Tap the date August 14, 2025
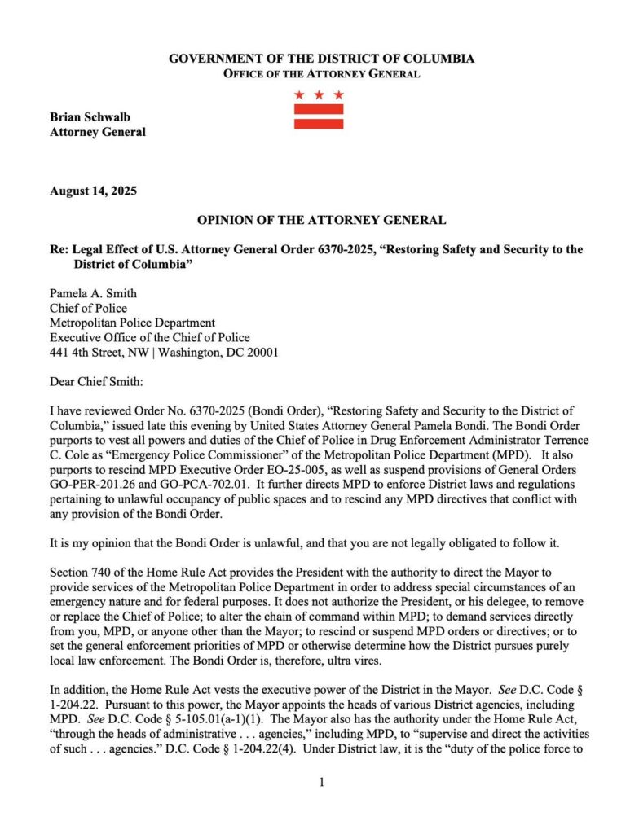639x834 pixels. coord(93,192)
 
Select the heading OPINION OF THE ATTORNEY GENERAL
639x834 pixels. coord(321,220)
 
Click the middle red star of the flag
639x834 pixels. coord(319,95)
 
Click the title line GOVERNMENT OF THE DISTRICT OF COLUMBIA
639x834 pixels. coord(321,59)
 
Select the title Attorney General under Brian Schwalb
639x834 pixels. coord(98,132)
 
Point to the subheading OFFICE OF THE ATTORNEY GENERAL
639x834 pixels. coord(321,74)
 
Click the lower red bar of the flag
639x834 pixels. coord(319,124)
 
